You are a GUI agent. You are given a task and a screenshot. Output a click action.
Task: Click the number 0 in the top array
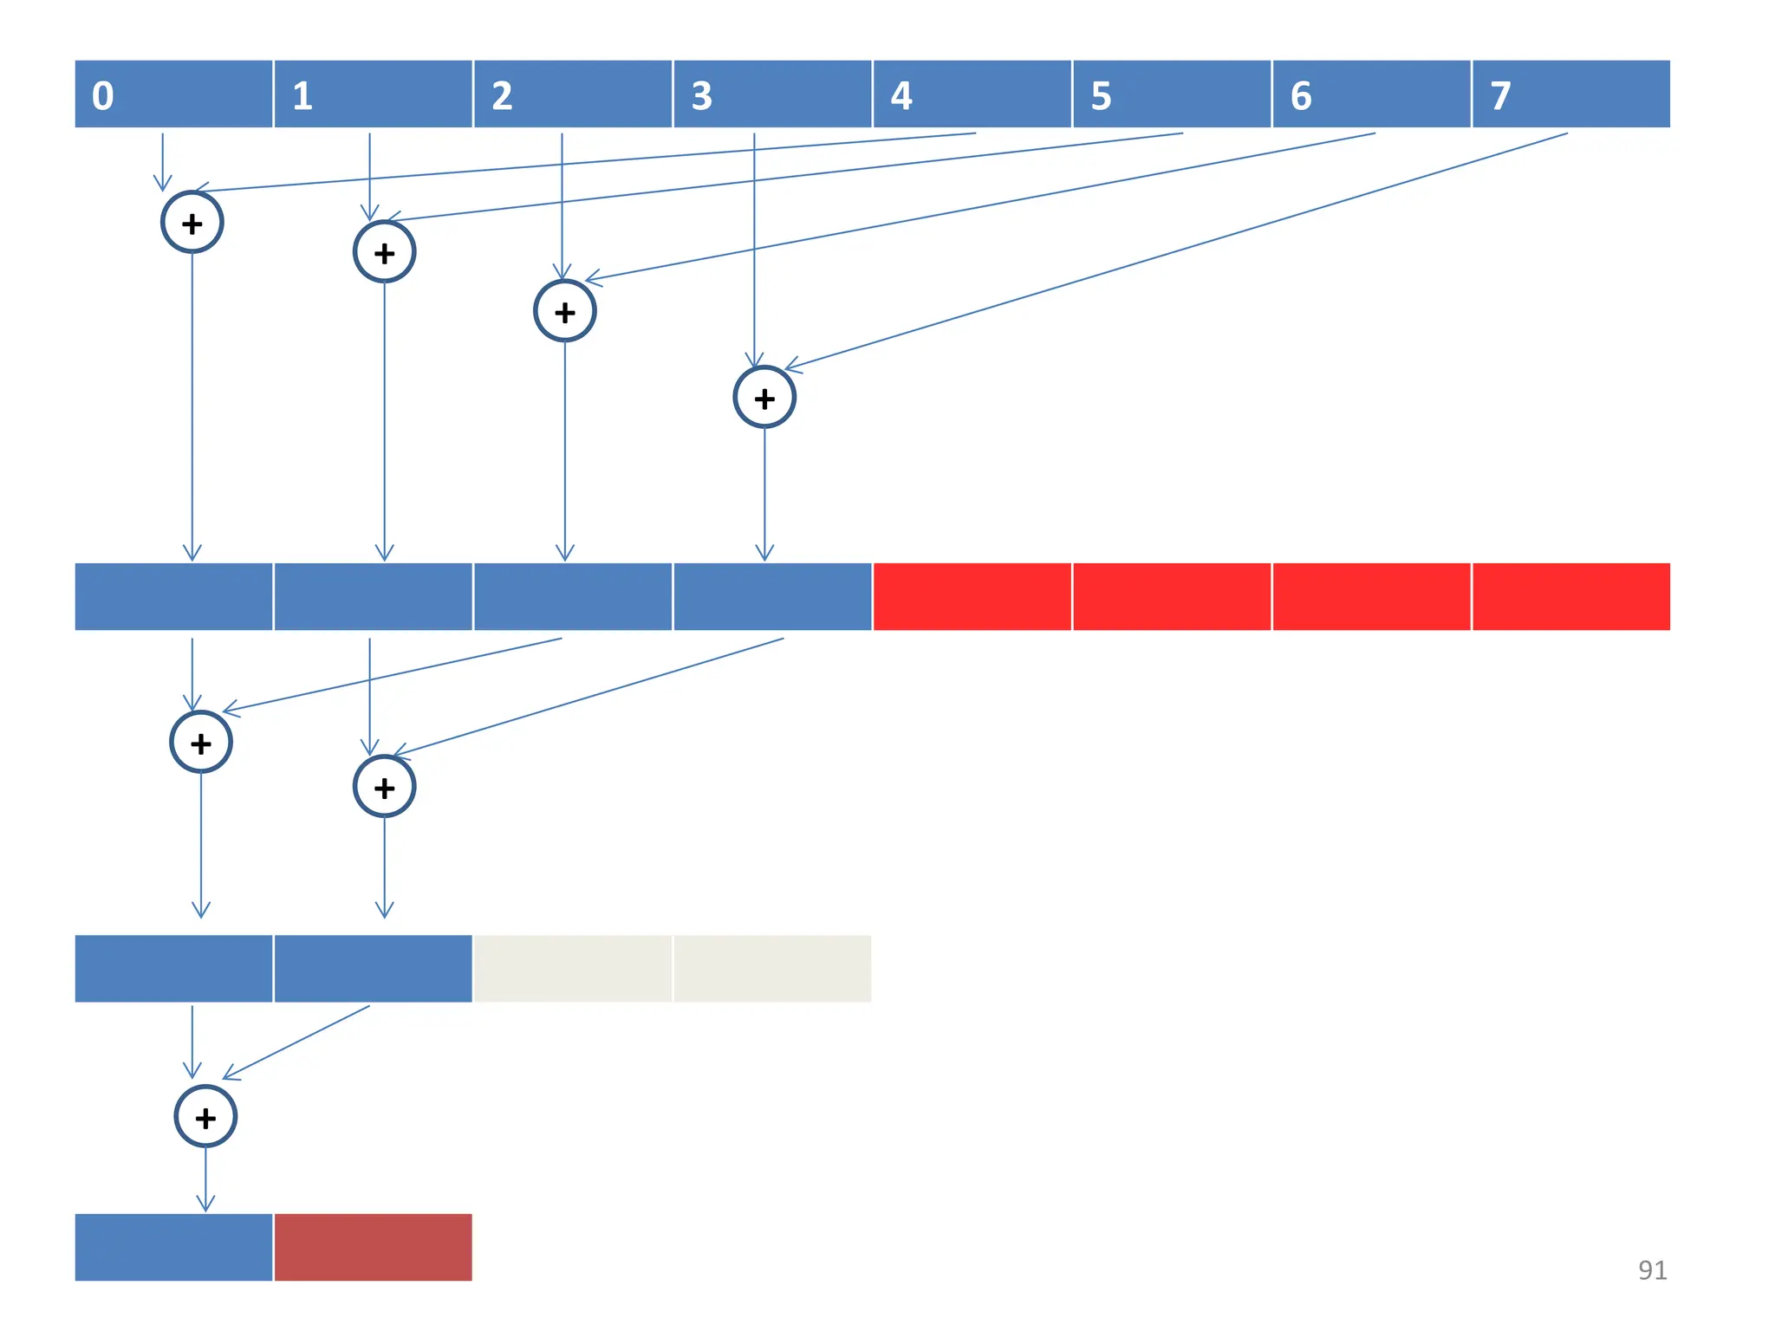102,95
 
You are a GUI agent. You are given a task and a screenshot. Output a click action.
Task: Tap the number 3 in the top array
701,95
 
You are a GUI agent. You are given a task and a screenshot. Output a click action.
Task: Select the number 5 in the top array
1101,95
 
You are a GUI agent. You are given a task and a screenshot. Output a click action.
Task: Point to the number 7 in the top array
1500,95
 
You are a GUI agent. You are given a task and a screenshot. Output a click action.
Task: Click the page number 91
1652,1269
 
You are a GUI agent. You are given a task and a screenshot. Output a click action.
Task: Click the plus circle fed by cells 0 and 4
192,223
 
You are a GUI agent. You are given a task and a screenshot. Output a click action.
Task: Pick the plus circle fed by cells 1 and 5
384,252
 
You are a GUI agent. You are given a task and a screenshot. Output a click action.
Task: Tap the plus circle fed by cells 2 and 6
565,311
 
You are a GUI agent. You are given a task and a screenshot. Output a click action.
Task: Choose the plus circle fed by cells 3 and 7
764,398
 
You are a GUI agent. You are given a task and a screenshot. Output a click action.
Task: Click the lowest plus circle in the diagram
205,1116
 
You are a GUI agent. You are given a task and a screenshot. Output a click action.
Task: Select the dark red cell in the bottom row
374,1247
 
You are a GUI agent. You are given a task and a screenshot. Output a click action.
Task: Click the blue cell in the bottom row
173,1247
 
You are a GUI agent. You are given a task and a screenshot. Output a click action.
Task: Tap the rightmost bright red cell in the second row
1570,596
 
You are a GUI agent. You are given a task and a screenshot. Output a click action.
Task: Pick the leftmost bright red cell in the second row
972,596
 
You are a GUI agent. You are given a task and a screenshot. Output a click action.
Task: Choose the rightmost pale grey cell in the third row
772,968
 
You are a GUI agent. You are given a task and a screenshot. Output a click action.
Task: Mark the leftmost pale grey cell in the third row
572,968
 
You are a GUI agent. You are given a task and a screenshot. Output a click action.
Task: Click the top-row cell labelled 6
1371,94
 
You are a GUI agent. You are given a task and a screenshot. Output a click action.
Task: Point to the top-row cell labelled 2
572,94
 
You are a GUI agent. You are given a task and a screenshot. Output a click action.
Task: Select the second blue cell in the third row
374,968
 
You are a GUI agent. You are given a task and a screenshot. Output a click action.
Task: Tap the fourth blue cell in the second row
772,596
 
